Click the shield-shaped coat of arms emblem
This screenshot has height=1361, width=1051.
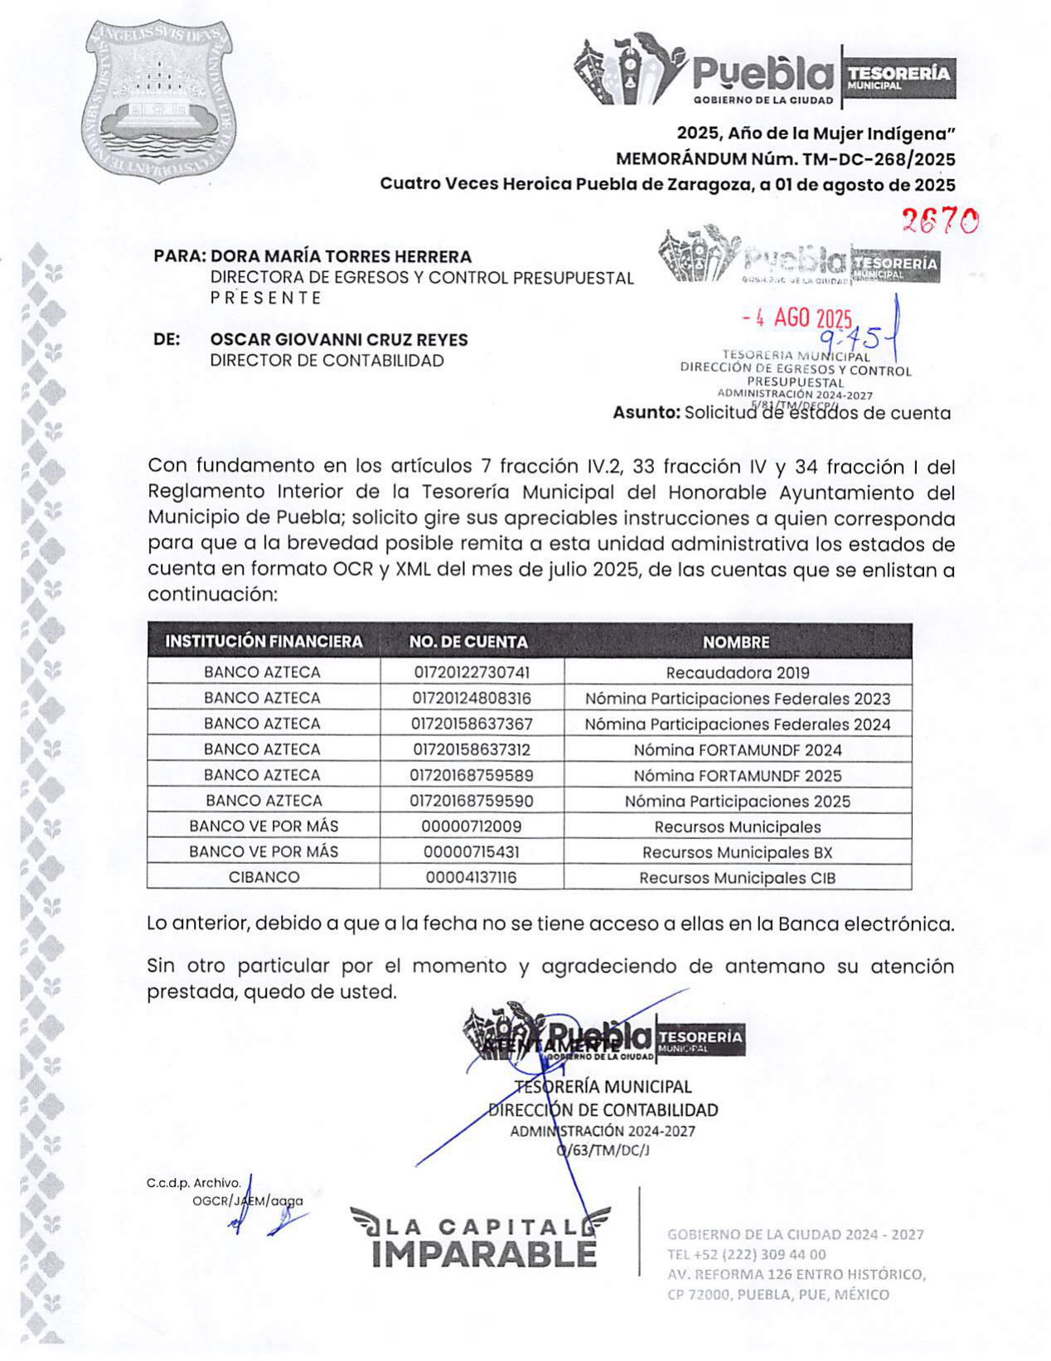click(157, 99)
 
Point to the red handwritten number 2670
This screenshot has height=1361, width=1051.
click(940, 220)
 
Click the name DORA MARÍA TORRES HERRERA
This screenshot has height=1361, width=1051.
click(341, 257)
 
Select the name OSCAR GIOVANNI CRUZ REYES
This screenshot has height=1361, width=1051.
click(339, 340)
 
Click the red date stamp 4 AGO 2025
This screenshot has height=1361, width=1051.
click(797, 318)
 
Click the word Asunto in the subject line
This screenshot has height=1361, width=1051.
click(646, 413)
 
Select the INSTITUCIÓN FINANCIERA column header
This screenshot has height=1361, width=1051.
click(264, 642)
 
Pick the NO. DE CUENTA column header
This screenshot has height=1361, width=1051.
click(468, 642)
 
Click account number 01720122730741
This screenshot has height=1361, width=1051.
click(472, 672)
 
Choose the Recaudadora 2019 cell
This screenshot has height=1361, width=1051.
click(738, 673)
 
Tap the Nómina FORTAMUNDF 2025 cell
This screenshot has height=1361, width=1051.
click(738, 776)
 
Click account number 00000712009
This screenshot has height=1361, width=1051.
click(472, 826)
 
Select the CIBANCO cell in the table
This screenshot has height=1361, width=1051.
click(264, 877)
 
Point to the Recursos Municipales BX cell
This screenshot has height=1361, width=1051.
click(738, 852)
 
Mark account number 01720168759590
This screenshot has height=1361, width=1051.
click(472, 801)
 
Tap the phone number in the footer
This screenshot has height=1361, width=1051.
click(747, 1254)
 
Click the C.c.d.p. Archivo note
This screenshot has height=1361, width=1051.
click(194, 1183)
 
